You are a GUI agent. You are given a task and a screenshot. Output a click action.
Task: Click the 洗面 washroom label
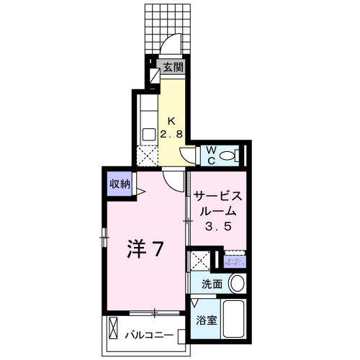pos(212,283)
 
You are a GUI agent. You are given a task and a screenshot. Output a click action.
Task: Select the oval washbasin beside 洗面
pos(236,284)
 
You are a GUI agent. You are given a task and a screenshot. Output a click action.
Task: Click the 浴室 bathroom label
pos(207,320)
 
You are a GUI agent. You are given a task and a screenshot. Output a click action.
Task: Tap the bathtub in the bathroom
pos(235,320)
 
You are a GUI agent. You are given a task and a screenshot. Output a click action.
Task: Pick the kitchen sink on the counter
pos(148,133)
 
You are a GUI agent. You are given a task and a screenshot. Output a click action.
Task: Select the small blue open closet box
pos(235,261)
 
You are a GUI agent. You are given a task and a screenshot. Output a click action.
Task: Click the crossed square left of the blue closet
pos(199,261)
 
